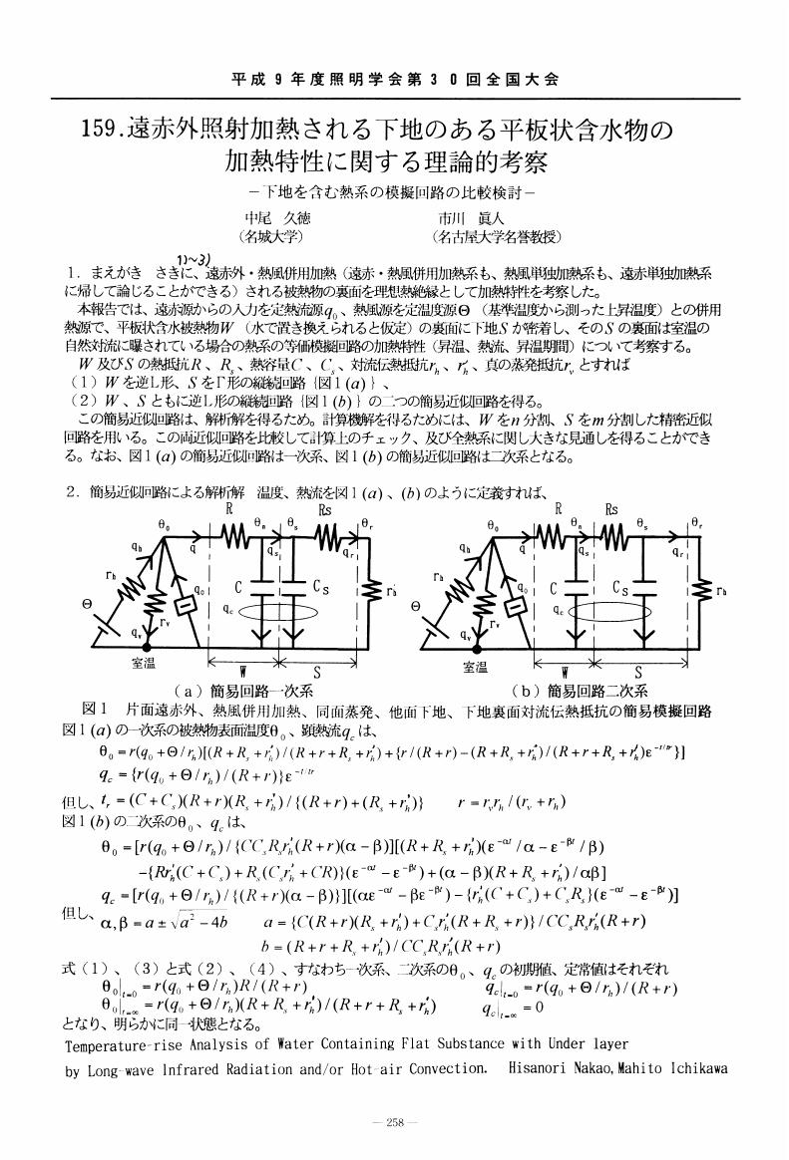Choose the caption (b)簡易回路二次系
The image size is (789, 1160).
(x=579, y=691)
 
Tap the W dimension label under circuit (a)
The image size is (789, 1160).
(x=242, y=671)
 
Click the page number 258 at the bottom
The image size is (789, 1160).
(x=395, y=1122)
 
